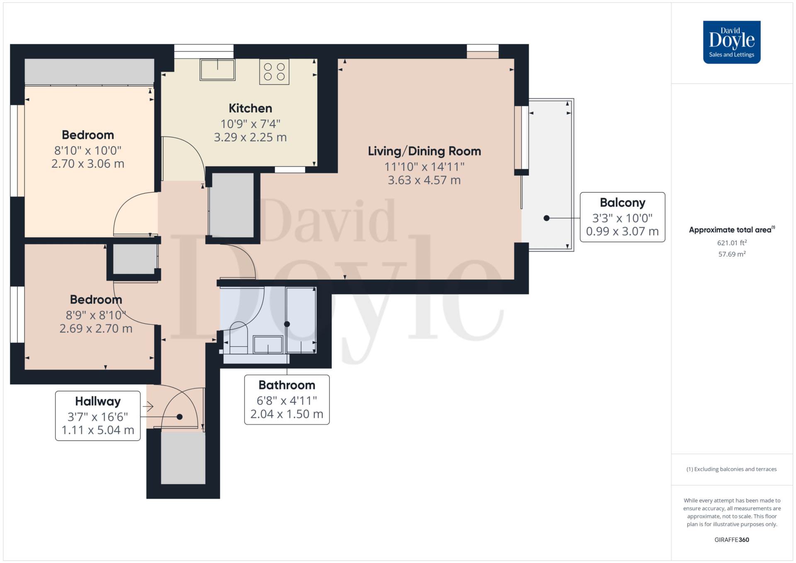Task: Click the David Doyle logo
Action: pyautogui.click(x=731, y=42)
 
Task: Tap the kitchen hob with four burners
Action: pyautogui.click(x=274, y=72)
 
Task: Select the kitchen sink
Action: pyautogui.click(x=217, y=69)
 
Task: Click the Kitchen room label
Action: pyautogui.click(x=250, y=108)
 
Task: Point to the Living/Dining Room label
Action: pyautogui.click(x=424, y=151)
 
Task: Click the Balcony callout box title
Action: pyautogui.click(x=622, y=203)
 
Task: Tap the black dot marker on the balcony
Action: pyautogui.click(x=546, y=218)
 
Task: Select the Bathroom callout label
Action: pyautogui.click(x=287, y=385)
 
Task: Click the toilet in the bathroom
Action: pyautogui.click(x=238, y=337)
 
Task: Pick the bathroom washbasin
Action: pyautogui.click(x=268, y=345)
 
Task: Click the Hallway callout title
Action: pyautogui.click(x=98, y=401)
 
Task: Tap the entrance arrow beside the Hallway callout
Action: pyautogui.click(x=148, y=407)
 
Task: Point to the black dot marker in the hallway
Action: pyautogui.click(x=180, y=417)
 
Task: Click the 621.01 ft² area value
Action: pyautogui.click(x=732, y=243)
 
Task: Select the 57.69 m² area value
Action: pyautogui.click(x=732, y=254)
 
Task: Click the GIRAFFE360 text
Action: pyautogui.click(x=732, y=540)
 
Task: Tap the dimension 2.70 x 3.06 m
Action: pyautogui.click(x=88, y=164)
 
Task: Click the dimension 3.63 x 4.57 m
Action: pyautogui.click(x=424, y=180)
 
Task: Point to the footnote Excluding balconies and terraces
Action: pyautogui.click(x=732, y=469)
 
